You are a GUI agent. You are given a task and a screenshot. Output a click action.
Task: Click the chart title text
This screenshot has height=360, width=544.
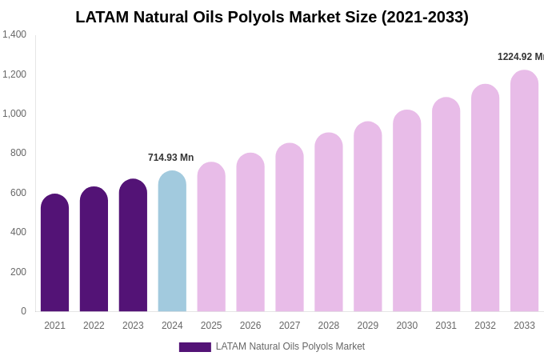tap(272, 17)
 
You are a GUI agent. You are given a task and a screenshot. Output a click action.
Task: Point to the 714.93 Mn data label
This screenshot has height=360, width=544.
tap(170, 158)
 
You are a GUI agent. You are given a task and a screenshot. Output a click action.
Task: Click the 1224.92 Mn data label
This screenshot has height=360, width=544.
tap(520, 57)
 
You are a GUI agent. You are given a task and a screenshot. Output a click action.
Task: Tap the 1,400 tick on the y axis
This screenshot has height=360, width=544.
tap(14, 34)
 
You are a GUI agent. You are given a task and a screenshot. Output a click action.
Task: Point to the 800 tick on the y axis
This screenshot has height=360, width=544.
tap(18, 153)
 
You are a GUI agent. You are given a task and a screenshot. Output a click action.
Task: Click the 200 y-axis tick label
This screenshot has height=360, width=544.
tap(18, 272)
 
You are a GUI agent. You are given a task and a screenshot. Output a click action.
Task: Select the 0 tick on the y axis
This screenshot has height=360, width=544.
tap(23, 311)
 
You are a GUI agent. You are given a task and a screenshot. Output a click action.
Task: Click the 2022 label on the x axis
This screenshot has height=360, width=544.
tap(94, 326)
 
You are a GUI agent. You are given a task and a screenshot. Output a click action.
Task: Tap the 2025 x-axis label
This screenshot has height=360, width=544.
tap(211, 326)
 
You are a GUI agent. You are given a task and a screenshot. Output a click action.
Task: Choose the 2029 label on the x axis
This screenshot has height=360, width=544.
tap(368, 326)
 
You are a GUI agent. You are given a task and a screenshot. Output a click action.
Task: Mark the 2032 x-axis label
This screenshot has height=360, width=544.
tap(485, 326)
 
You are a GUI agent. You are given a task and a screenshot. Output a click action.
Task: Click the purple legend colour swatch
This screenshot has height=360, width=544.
tap(194, 347)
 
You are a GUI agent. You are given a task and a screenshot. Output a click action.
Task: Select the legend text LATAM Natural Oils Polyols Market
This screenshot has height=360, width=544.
tap(290, 346)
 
